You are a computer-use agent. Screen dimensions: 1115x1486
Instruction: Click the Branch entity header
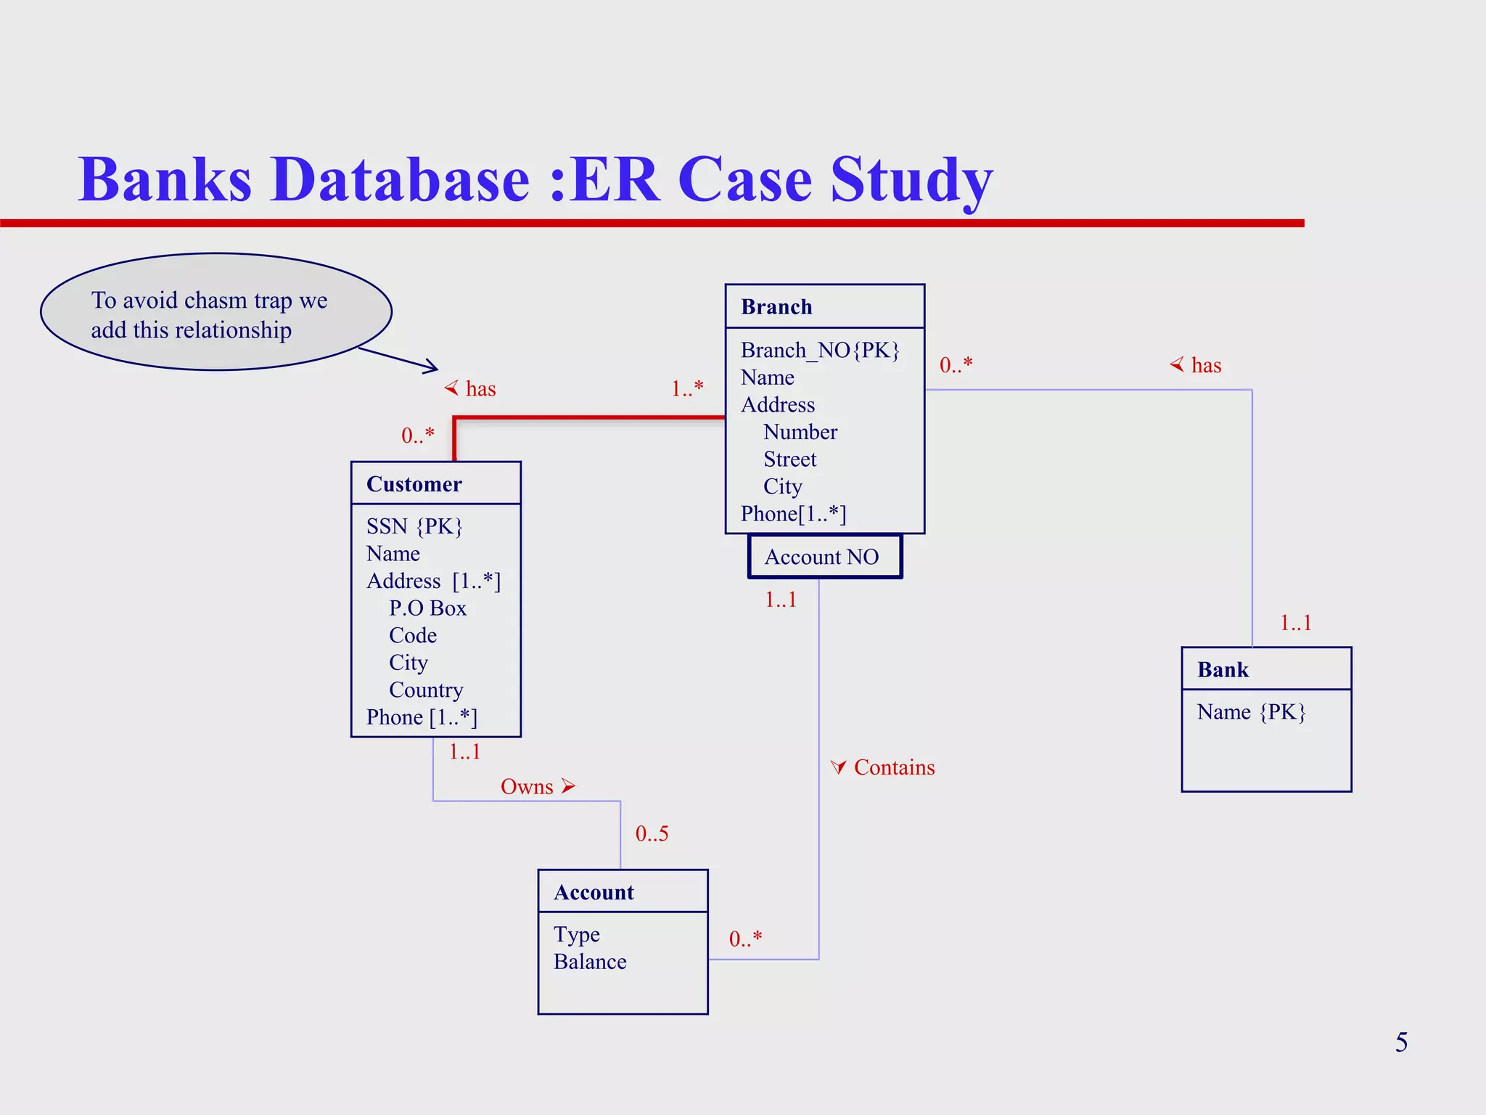coord(776,307)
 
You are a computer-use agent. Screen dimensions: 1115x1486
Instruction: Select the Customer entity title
coord(414,484)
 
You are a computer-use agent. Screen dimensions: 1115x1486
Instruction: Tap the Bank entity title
coord(1223,669)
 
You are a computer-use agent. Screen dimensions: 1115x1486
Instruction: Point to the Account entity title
coord(594,892)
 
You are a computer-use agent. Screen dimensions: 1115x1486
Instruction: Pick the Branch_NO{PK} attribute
coord(820,351)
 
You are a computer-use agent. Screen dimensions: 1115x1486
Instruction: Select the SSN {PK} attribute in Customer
coord(414,526)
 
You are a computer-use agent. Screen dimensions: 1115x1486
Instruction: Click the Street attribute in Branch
coord(789,460)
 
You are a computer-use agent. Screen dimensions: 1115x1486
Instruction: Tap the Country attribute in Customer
coord(426,690)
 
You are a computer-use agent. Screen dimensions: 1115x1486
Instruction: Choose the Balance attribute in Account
coord(590,962)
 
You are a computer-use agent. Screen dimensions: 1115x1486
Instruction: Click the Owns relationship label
coord(528,787)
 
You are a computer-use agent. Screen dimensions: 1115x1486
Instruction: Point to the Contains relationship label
coord(893,767)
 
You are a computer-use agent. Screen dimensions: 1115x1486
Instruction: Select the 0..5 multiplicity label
coord(652,833)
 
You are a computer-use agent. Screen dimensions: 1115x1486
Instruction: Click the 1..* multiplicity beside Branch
coord(687,388)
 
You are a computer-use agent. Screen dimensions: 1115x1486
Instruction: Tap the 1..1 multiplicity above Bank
coord(1295,623)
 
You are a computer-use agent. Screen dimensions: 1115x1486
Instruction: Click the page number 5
coord(1401,1042)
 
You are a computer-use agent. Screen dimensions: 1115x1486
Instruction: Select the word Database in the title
coord(400,179)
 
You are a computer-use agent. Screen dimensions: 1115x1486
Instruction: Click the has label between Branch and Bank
coord(1205,365)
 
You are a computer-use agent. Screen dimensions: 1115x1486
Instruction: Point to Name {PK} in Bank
coord(1251,712)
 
